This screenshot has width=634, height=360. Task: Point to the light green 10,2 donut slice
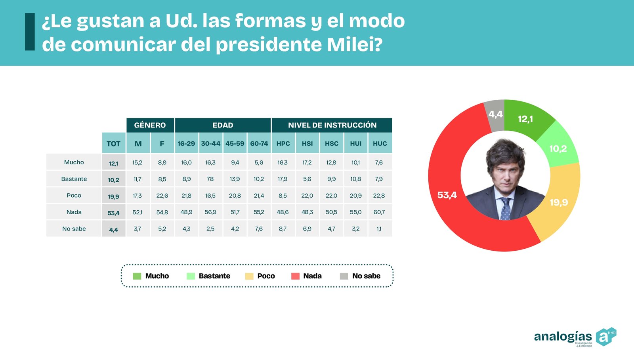tap(558, 149)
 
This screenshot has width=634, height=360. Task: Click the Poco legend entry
tap(260, 276)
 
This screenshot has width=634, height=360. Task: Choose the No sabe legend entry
tap(360, 276)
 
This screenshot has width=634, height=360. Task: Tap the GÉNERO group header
tap(150, 125)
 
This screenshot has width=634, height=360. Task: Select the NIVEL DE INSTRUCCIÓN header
tap(332, 125)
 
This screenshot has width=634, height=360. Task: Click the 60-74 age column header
tap(259, 143)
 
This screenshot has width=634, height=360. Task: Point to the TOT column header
tap(113, 143)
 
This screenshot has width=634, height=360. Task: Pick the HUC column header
tap(380, 143)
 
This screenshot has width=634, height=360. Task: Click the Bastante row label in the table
tap(74, 179)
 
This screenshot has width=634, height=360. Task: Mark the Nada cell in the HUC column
tap(379, 212)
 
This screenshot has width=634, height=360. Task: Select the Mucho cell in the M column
tap(137, 162)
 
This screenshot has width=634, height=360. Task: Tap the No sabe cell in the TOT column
tap(113, 229)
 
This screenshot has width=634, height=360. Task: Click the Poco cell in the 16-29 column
tap(186, 196)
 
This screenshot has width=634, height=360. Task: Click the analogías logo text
tap(563, 336)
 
